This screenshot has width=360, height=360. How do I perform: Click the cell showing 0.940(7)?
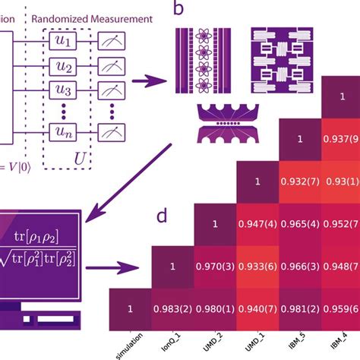[258, 309]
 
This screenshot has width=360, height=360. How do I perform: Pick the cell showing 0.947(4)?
[258, 225]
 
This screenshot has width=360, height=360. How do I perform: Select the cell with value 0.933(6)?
[258, 267]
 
